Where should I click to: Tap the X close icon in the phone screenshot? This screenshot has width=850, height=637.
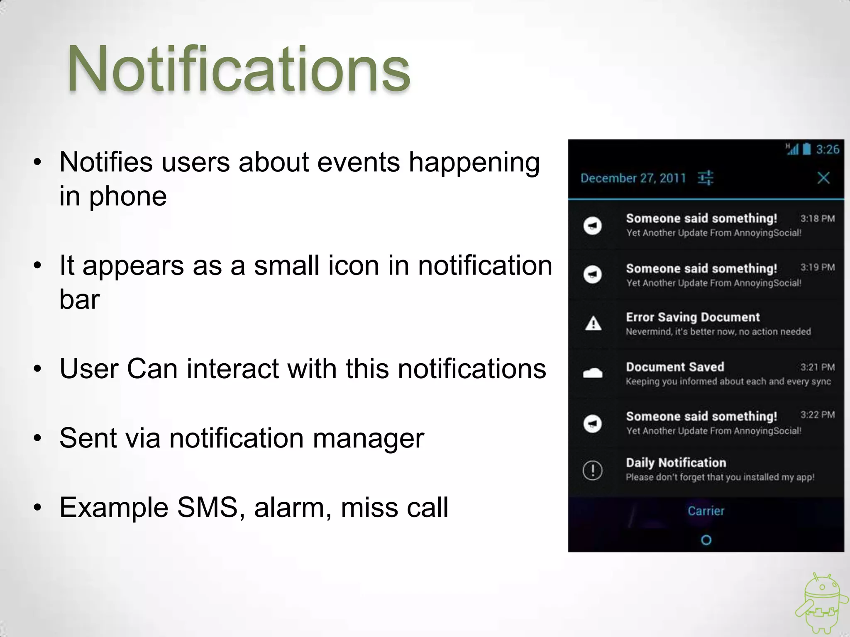tap(823, 178)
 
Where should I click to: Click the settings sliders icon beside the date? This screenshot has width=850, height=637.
tap(705, 178)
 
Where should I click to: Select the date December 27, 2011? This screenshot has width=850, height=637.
tap(633, 178)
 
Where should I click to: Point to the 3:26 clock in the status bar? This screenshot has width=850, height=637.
tap(827, 149)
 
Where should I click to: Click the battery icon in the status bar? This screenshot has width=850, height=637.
tap(806, 149)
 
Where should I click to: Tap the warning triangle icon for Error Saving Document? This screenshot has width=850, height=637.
tap(593, 323)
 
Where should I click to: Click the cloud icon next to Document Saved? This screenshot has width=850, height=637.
tap(593, 373)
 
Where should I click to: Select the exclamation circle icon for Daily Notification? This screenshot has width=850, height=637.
tap(593, 470)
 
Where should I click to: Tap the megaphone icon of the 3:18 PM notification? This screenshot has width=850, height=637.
tap(593, 226)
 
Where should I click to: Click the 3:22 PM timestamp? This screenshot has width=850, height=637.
tap(817, 415)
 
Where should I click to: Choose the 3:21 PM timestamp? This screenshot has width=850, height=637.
tap(817, 367)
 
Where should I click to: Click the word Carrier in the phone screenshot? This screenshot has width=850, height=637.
tap(706, 511)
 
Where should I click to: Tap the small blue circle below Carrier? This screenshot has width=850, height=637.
tap(706, 540)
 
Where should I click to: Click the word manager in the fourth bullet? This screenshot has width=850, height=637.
tap(368, 438)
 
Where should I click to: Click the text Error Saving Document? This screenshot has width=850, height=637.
tap(693, 317)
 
